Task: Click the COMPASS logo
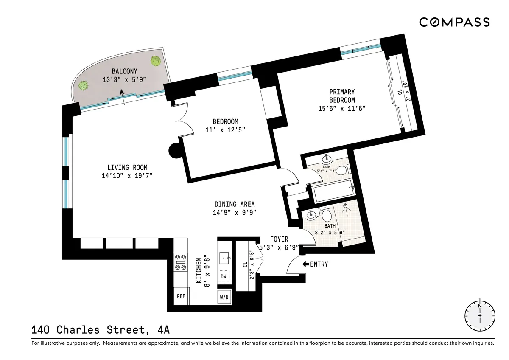[x=454, y=22]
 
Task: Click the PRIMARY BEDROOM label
[x=342, y=96]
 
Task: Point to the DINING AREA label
[x=235, y=204]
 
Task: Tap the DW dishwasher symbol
[x=224, y=276]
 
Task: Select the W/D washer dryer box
[x=224, y=297]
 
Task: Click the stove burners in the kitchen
[x=181, y=262]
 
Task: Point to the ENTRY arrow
[x=305, y=264]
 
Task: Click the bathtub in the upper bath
[x=332, y=191]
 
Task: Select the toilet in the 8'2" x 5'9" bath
[x=326, y=213]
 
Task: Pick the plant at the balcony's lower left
[x=83, y=86]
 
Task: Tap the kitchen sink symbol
[x=224, y=257]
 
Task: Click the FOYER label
[x=279, y=239]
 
